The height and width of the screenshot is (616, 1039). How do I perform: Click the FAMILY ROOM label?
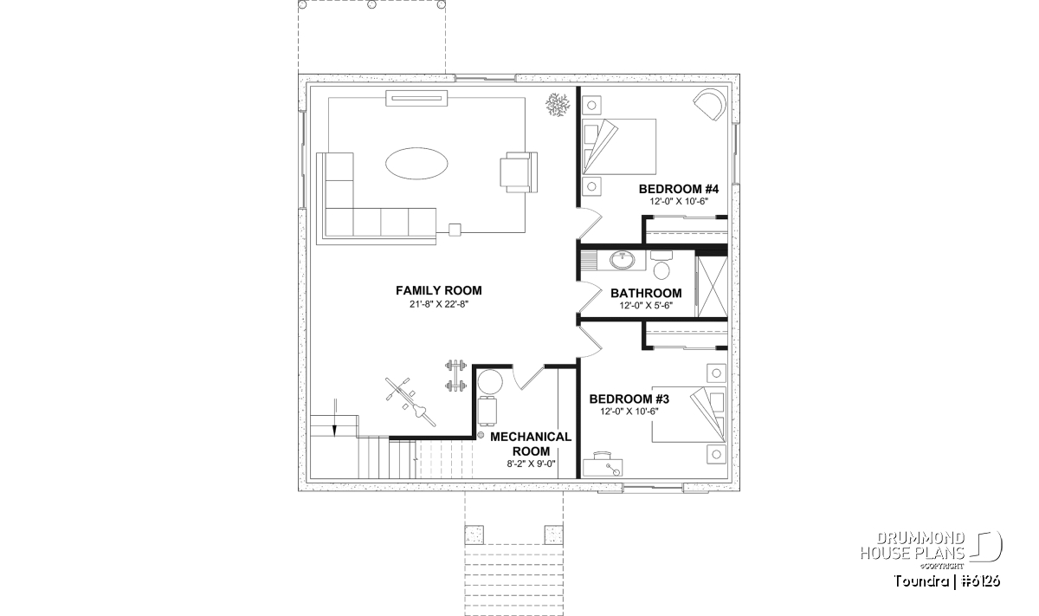point(439,290)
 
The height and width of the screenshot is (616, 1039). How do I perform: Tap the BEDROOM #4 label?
point(679,189)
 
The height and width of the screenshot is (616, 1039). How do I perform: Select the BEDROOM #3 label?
point(629,399)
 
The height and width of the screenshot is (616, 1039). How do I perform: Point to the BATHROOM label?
point(646,294)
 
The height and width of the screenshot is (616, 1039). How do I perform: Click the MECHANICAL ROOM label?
point(531,444)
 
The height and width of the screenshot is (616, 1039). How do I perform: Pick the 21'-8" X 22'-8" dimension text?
point(439,304)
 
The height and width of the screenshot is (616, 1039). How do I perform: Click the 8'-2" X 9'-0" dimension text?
point(531,464)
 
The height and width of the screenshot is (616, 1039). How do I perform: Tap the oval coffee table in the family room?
point(416,164)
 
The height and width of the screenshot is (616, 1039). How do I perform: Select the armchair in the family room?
point(519,172)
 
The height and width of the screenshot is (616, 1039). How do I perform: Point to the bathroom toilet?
point(661,264)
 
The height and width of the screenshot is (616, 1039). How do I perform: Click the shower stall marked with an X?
point(712,287)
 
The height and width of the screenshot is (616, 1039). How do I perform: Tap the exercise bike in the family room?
point(410,401)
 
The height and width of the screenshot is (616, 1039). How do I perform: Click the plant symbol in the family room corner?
point(557,105)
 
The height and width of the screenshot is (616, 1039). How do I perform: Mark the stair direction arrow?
point(334,418)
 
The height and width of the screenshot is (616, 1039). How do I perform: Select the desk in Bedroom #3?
point(603,465)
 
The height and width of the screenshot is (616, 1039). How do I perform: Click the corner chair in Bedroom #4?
point(709,104)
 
